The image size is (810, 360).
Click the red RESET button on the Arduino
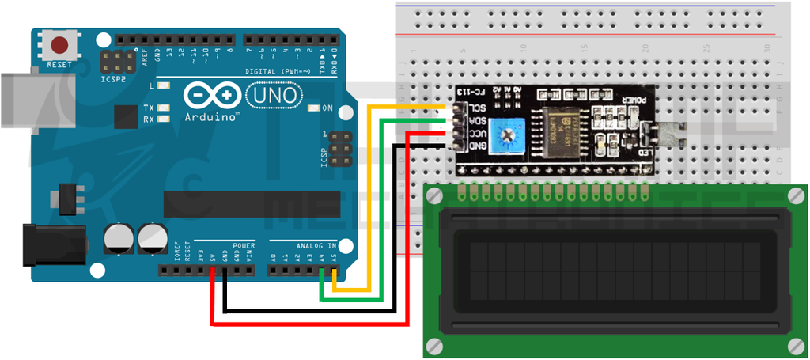pyautogui.click(x=59, y=44)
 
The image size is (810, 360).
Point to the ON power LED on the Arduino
pyautogui.click(x=312, y=108)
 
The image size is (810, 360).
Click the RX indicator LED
pyautogui.click(x=164, y=119)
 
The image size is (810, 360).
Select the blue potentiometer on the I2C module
pyautogui.click(x=501, y=136)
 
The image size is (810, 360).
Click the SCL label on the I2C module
pyautogui.click(x=475, y=108)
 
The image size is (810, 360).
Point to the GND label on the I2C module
pyautogui.click(x=475, y=146)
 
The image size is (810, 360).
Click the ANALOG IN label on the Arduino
pyautogui.click(x=316, y=245)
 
